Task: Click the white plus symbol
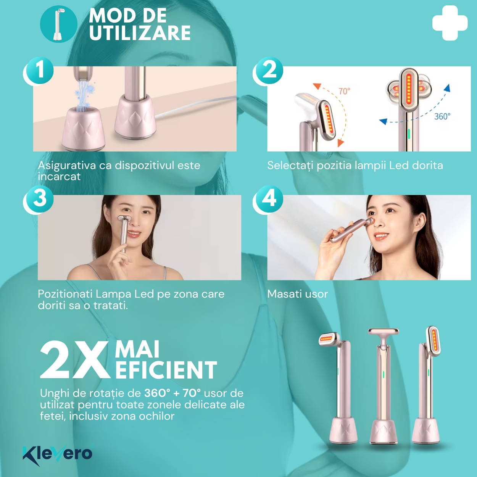(450, 23)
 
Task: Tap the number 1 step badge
(40, 71)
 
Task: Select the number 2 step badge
(269, 71)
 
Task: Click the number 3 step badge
(40, 199)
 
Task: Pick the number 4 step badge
(269, 199)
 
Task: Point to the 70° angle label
(344, 91)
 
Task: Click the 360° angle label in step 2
(442, 116)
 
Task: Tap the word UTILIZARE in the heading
(140, 33)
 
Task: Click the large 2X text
(74, 360)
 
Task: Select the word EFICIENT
(166, 370)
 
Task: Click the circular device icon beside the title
(59, 24)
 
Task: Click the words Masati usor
(298, 294)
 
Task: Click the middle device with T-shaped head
(384, 386)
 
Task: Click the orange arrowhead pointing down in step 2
(341, 143)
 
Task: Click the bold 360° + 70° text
(172, 393)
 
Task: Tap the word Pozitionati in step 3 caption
(65, 294)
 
